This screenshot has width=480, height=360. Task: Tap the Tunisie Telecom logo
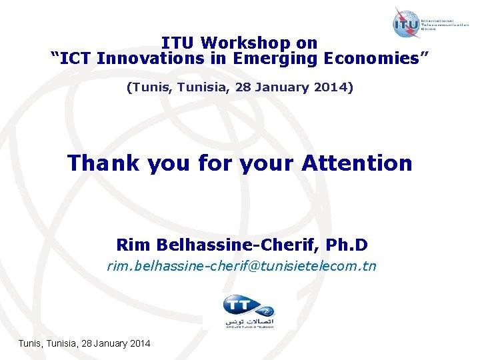(249, 311)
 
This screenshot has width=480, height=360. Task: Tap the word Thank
(103, 163)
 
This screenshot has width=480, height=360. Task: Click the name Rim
(132, 245)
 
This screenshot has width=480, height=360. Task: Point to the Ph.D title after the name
(351, 245)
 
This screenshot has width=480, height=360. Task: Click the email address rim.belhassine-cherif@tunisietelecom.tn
(241, 267)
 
